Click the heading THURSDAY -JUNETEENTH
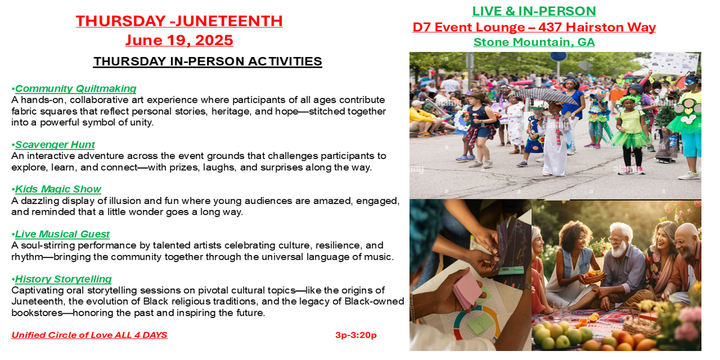click(x=179, y=21)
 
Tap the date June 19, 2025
click(x=179, y=41)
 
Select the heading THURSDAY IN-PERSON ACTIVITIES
click(x=208, y=61)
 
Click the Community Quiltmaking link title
click(x=76, y=88)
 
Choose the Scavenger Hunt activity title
click(x=55, y=145)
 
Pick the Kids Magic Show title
click(x=58, y=189)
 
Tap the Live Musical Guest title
click(x=62, y=234)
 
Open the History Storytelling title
click(x=64, y=279)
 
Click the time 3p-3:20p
click(x=356, y=335)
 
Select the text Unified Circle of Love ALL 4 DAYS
click(x=89, y=335)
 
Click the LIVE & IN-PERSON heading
click(x=534, y=11)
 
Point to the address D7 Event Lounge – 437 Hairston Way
click(x=534, y=27)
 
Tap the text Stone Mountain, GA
click(x=534, y=42)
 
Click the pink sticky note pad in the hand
click(x=467, y=289)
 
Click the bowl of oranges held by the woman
click(x=593, y=276)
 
